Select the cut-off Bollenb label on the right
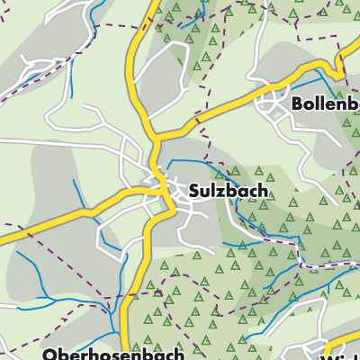pos(325,104)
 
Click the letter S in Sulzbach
pos(194,191)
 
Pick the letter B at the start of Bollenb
pos(297,104)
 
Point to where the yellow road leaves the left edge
pos(3,240)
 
